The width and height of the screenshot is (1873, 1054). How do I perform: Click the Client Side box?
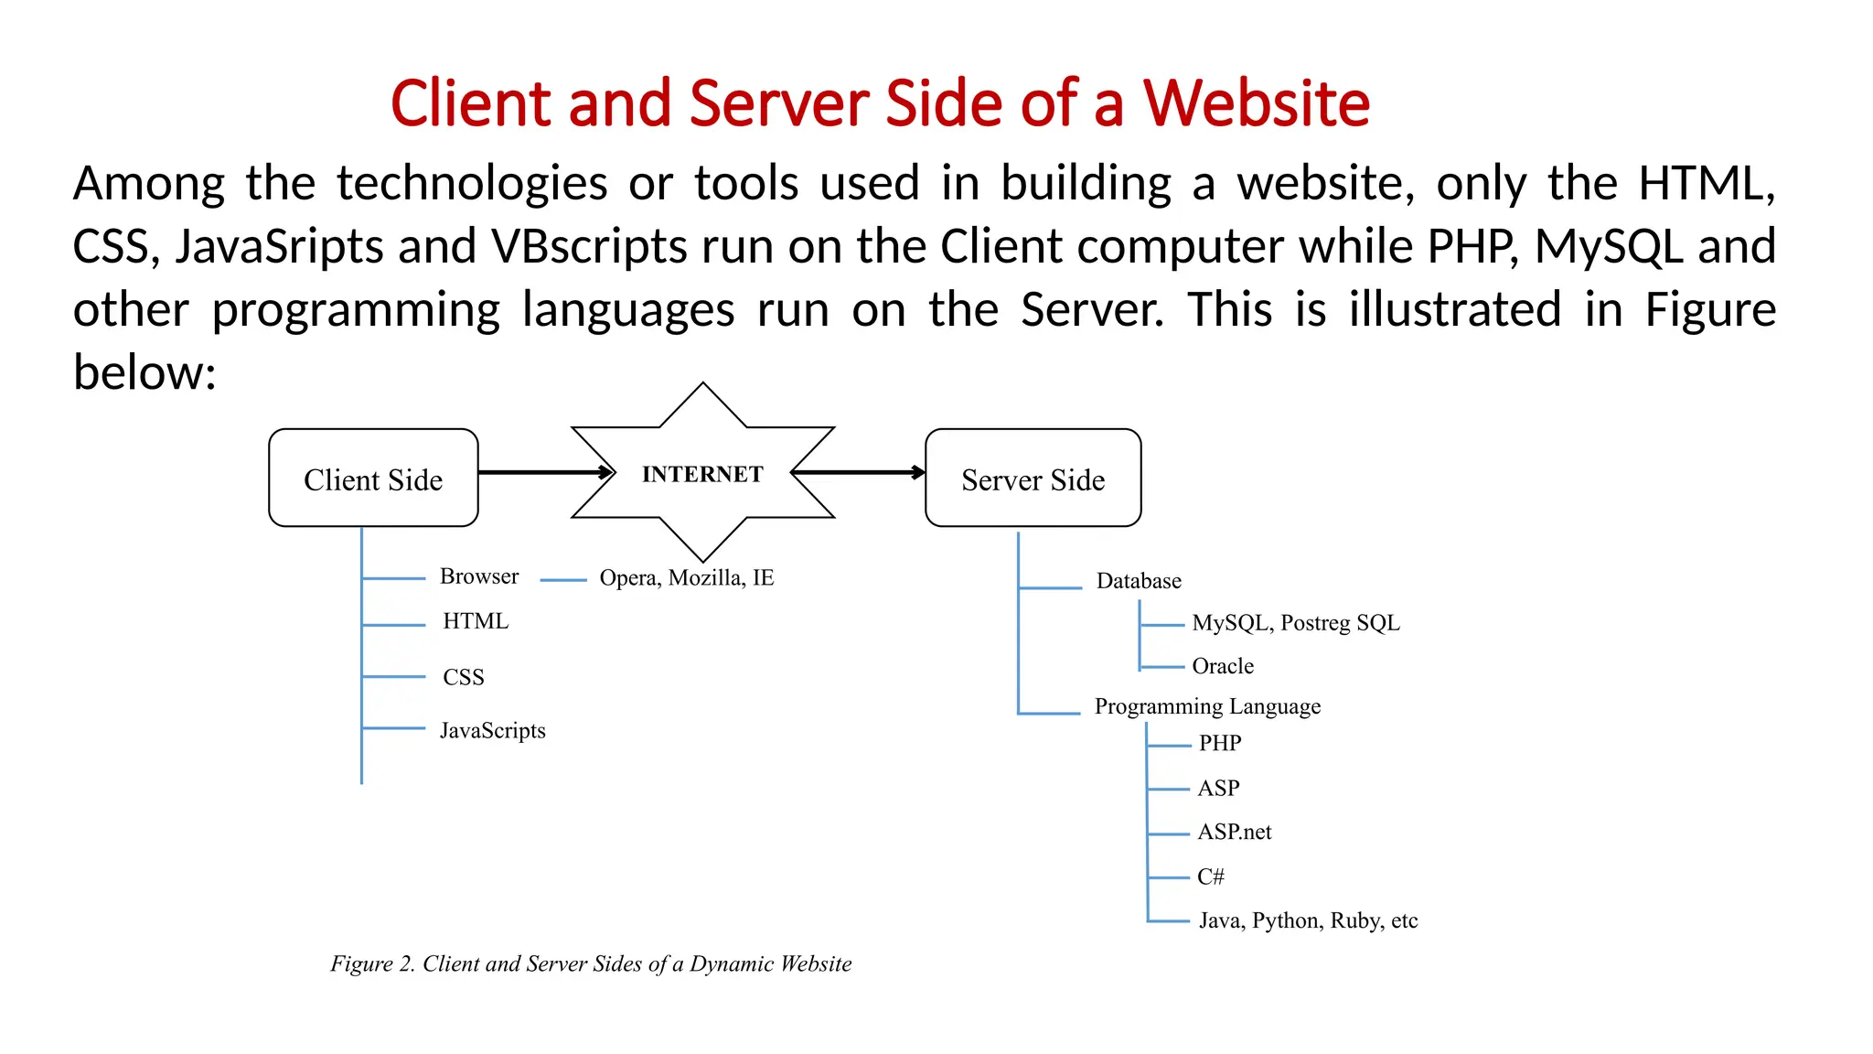pos(373,479)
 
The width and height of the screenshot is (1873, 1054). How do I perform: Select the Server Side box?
pos(1033,479)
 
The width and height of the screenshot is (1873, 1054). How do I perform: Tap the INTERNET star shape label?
pos(702,474)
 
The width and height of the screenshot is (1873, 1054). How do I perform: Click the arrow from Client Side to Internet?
pos(543,472)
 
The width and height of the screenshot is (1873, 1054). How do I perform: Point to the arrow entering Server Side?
pos(860,472)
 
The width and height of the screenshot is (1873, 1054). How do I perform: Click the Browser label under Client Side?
pos(478,576)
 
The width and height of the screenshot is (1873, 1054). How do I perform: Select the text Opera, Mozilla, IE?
pos(686,578)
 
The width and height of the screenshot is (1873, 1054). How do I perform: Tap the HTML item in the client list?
pos(475,621)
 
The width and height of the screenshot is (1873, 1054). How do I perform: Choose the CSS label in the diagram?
pos(463,677)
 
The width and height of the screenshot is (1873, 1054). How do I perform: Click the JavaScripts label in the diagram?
pos(492,730)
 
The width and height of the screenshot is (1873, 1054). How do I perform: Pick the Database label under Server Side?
pos(1139,581)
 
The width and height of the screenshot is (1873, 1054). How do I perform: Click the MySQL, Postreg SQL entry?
pos(1295,623)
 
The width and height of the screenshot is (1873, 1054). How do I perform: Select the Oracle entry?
pos(1222,666)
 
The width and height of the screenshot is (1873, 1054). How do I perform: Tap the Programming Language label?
pos(1207,706)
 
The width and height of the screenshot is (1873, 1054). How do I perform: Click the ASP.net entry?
pos(1234,832)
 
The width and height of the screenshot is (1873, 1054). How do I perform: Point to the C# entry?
pos(1210,877)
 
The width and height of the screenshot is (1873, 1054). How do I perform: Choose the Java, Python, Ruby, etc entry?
pos(1308,920)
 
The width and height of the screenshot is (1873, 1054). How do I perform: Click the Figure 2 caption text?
pos(591,963)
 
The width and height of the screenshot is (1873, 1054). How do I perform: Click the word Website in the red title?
pos(1256,102)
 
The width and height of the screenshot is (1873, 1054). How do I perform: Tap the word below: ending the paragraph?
pos(144,373)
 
